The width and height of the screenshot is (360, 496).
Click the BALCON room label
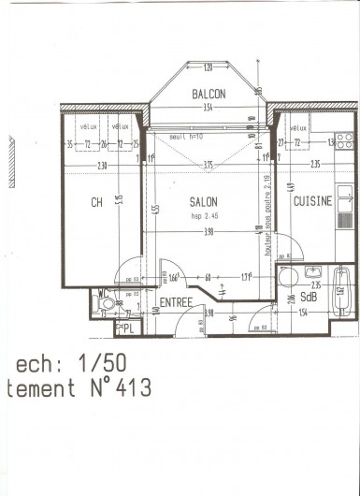tap(208, 95)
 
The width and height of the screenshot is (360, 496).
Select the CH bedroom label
tap(96, 201)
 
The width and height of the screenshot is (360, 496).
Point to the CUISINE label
tap(312, 201)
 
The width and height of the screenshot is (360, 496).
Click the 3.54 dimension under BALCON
tap(208, 108)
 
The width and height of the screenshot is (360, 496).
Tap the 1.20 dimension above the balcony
tap(208, 66)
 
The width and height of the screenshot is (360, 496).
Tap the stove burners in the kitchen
tap(344, 141)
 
